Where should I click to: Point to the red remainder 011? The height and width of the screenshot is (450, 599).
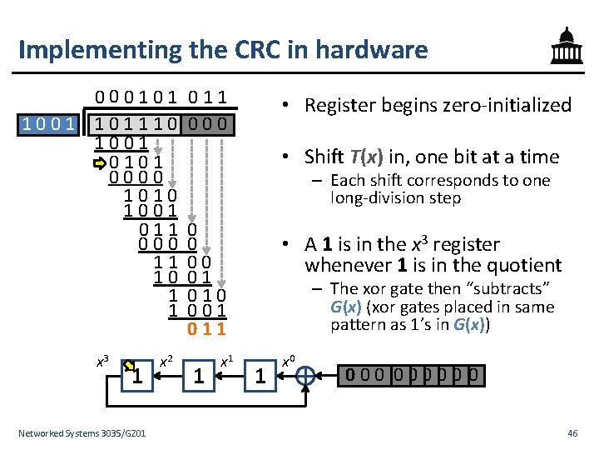pyautogui.click(x=206, y=328)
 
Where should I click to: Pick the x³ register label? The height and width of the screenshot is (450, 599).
pyautogui.click(x=102, y=362)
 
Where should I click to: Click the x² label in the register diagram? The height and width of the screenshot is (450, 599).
pyautogui.click(x=166, y=361)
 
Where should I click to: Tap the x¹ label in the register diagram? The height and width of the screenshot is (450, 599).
pyautogui.click(x=225, y=362)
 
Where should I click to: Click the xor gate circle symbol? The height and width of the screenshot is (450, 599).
pyautogui.click(x=305, y=377)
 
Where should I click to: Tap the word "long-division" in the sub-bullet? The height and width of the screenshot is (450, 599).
pyautogui.click(x=374, y=198)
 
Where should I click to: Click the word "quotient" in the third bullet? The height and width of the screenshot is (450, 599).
pyautogui.click(x=524, y=265)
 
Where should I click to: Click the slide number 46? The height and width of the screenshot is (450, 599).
pyautogui.click(x=572, y=433)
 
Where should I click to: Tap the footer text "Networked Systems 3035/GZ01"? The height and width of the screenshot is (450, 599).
pyautogui.click(x=82, y=433)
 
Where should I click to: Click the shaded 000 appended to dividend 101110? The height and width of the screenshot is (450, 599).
pyautogui.click(x=211, y=126)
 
